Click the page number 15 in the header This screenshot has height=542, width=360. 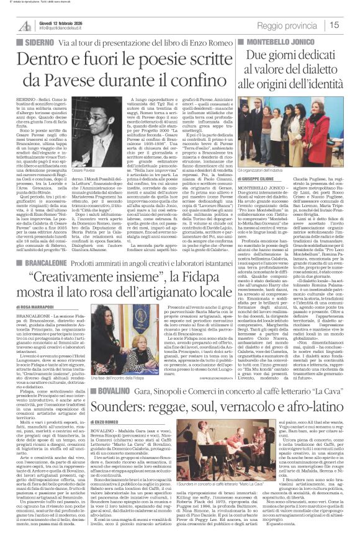[x=351, y=25]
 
